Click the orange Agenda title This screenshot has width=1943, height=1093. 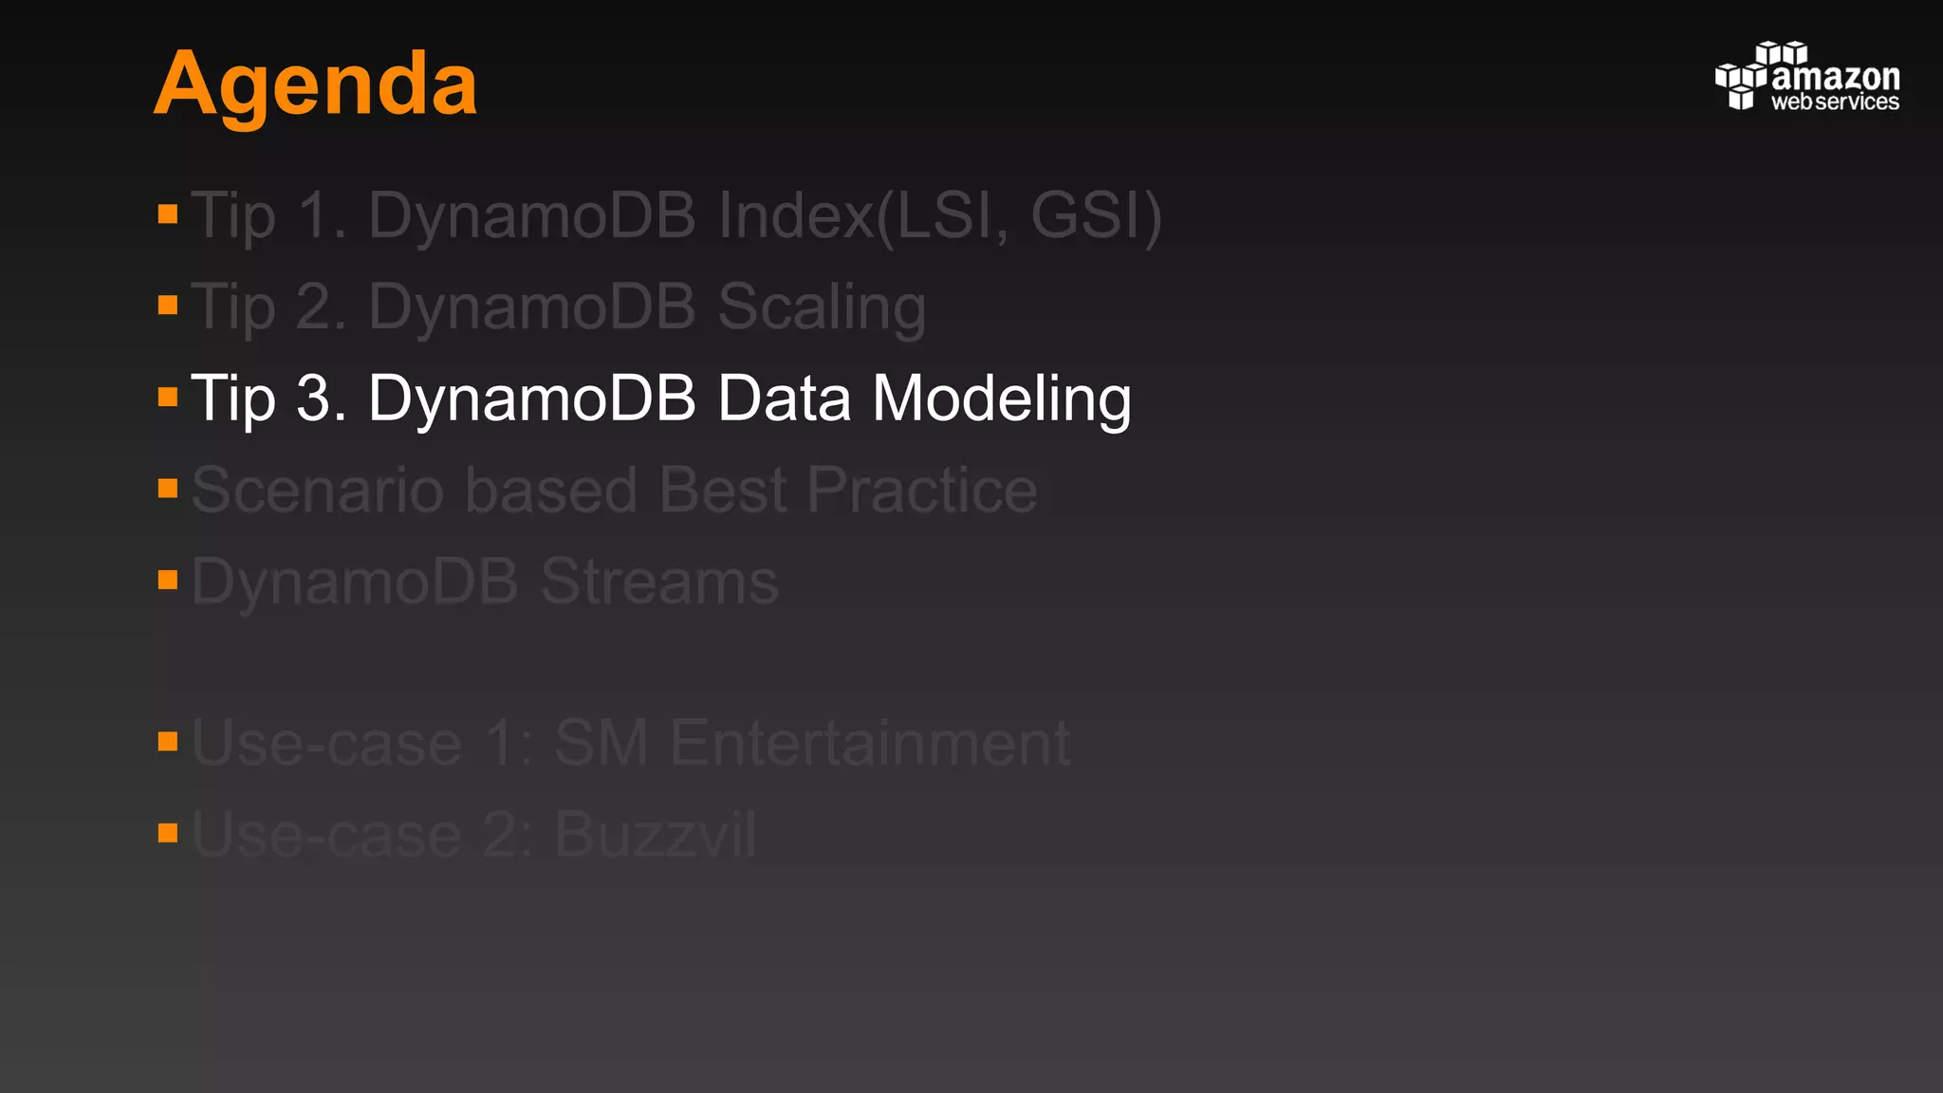[315, 85]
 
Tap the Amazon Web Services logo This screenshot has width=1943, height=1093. [1806, 77]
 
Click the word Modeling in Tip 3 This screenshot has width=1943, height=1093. [1001, 398]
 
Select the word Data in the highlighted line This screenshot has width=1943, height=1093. [784, 398]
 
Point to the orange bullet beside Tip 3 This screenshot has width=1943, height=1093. [168, 397]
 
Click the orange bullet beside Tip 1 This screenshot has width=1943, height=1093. [168, 213]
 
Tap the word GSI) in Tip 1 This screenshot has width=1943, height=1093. [1096, 216]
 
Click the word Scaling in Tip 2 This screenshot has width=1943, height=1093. [822, 308]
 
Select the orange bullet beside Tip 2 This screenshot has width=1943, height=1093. [168, 305]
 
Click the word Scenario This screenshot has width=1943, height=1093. [317, 491]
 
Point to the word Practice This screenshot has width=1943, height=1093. [922, 491]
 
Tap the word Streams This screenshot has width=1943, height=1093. [659, 582]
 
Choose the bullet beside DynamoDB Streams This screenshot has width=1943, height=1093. [168, 580]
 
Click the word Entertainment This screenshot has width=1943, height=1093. [870, 743]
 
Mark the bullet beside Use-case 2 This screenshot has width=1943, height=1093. [168, 833]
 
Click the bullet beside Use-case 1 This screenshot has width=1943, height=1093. [168, 741]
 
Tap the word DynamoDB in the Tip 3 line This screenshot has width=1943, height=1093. [531, 398]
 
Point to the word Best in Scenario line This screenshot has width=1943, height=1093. [722, 491]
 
